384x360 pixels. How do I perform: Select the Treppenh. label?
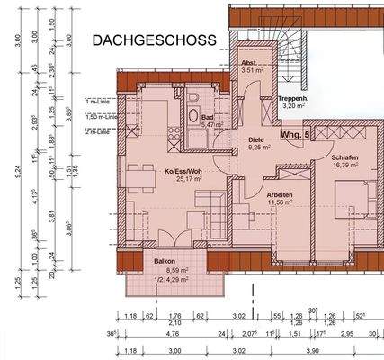(x=294, y=97)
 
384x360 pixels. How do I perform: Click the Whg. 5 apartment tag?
(x=295, y=134)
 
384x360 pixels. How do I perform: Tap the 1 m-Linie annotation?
(x=95, y=103)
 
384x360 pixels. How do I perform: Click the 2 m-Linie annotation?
(x=95, y=131)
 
